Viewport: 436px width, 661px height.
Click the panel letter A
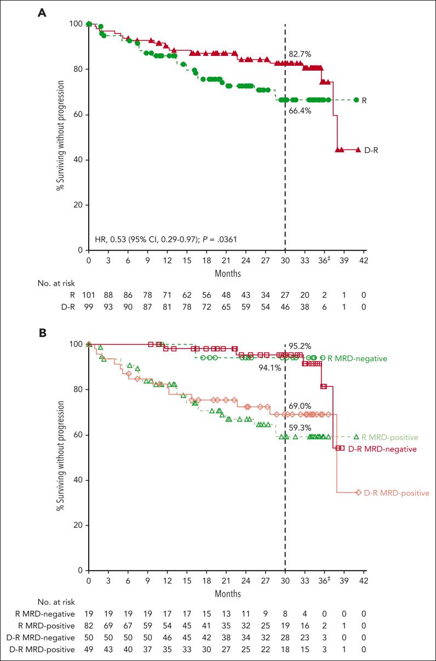click(x=41, y=13)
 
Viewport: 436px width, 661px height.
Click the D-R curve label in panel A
click(x=372, y=150)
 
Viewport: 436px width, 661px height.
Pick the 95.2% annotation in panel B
click(x=300, y=346)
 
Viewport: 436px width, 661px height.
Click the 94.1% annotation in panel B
click(x=271, y=368)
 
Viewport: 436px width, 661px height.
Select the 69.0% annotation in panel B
click(x=300, y=406)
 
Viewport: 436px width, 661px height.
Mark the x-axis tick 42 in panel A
click(x=363, y=260)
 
